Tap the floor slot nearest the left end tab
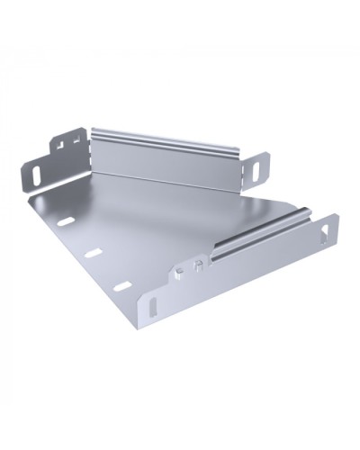coord(67,220)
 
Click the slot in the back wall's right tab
coord(262,167)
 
